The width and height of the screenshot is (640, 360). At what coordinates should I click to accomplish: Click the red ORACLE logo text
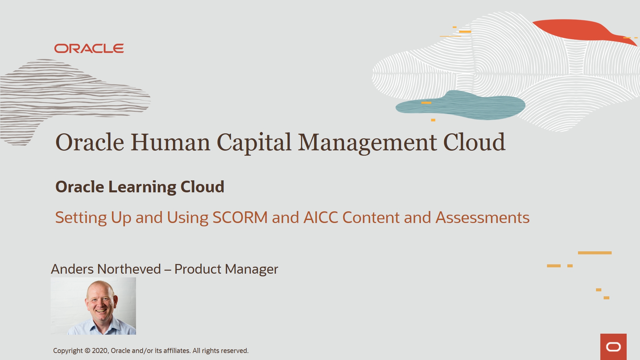pos(89,49)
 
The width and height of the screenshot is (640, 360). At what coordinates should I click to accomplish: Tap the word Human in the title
pos(170,143)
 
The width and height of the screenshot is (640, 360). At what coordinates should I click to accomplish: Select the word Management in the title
pos(367,143)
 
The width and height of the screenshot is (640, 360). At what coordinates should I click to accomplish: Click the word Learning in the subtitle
pos(142,187)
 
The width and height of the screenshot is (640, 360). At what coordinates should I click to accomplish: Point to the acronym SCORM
pos(240,218)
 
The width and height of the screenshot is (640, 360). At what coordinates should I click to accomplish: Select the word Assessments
pos(482,218)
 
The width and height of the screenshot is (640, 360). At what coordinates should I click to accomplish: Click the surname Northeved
pos(129,269)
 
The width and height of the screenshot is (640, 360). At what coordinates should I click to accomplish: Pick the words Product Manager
pos(226,269)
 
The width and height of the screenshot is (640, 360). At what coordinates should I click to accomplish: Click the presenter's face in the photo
pos(100,302)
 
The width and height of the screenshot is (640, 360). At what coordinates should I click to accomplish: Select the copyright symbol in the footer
pos(87,351)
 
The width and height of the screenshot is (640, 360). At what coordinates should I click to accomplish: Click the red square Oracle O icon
pos(613,347)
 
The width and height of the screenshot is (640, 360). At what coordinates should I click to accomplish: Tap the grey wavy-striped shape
pos(67,93)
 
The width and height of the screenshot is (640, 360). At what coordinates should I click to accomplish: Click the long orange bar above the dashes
pos(595,253)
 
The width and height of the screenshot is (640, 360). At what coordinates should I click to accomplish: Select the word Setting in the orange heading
pos(81,218)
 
